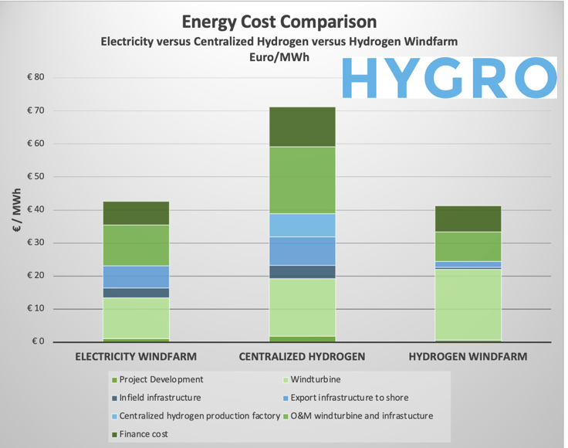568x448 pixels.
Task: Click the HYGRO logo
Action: (x=448, y=77)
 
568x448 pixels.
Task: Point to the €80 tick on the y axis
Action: (x=35, y=77)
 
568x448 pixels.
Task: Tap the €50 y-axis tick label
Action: (x=35, y=177)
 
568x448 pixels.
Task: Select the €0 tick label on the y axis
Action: (x=38, y=342)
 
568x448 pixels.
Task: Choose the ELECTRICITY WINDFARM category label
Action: (x=136, y=357)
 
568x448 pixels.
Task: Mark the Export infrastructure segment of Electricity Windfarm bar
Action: (x=136, y=277)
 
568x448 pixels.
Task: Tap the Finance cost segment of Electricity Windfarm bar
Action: (x=136, y=213)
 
